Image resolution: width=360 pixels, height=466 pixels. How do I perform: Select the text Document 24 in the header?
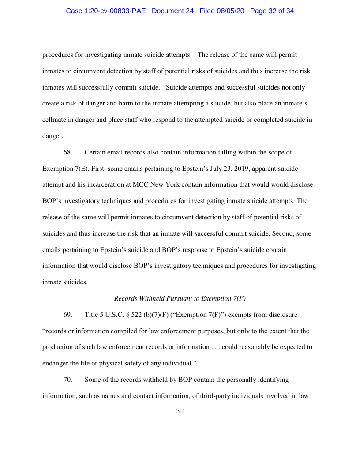click(172, 11)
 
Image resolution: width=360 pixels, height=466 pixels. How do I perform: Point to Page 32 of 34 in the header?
click(272, 11)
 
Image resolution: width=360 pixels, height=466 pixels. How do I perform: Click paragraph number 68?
click(67, 152)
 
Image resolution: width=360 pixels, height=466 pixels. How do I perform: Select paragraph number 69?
click(67, 315)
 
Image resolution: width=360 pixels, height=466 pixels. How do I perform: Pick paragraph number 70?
click(67, 380)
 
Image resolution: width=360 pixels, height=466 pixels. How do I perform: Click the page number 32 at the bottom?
click(180, 411)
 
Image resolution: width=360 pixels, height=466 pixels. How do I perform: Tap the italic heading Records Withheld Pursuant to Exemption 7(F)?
click(180, 298)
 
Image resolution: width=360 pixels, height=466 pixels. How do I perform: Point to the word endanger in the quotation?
click(55, 363)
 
